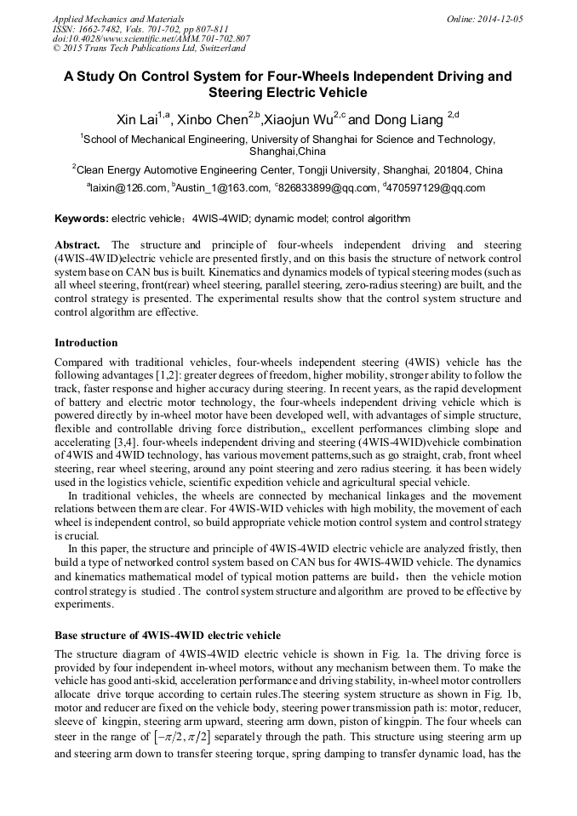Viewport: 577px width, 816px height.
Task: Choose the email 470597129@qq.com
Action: click(x=436, y=189)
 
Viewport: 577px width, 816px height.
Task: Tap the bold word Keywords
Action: click(x=81, y=219)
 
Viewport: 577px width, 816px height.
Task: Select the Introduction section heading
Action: click(x=86, y=343)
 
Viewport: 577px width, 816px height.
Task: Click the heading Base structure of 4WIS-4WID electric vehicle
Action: click(x=168, y=636)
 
